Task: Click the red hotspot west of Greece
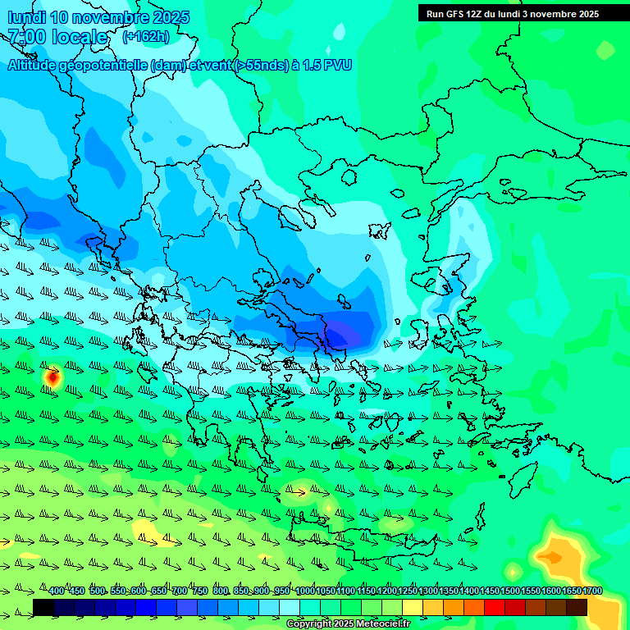(52, 377)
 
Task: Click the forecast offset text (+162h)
(146, 37)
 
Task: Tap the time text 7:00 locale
(57, 37)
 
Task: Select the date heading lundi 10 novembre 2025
(98, 17)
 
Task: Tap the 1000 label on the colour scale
(305, 591)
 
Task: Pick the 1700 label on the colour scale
(592, 591)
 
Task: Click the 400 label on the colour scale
(57, 591)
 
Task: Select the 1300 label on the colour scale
(428, 591)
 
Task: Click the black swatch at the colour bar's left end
(43, 607)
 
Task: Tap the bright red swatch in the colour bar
(495, 607)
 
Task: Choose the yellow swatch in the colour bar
(413, 607)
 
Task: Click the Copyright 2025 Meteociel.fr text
(348, 623)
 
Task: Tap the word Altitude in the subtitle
(33, 65)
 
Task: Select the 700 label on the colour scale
(180, 591)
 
